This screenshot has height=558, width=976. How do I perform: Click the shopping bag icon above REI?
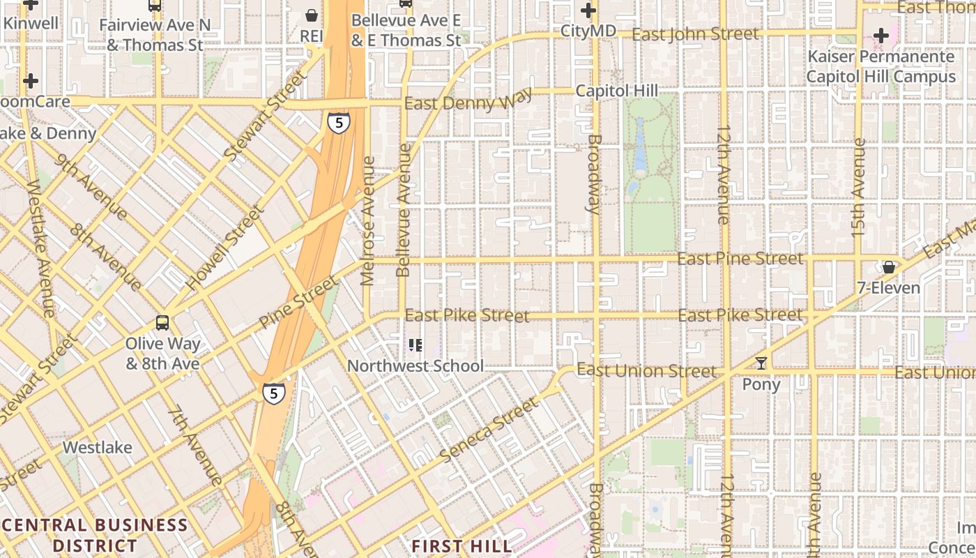coord(312,15)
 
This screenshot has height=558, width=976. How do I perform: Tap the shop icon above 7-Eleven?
coord(889,267)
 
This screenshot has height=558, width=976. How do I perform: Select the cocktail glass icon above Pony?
coord(761,363)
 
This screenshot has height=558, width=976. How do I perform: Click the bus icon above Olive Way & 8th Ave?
coord(162,323)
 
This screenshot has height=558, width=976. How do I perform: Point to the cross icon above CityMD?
coord(588,10)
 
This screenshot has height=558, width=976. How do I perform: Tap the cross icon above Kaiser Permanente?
coord(881,35)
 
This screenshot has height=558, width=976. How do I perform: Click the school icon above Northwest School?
coord(415,345)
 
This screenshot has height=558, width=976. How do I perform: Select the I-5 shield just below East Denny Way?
coord(338,123)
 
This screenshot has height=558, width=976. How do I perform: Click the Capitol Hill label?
coord(616,91)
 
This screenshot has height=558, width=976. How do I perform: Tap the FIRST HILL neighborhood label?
coord(462,545)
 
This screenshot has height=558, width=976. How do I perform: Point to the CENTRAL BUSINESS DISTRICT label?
coord(95,535)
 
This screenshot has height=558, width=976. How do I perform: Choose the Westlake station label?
coord(97,447)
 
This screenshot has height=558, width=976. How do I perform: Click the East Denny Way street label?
coord(468,100)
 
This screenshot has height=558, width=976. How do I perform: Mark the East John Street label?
coord(695,33)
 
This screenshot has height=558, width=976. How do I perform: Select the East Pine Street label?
coord(740,259)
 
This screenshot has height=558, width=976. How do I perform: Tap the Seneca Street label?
coord(489,430)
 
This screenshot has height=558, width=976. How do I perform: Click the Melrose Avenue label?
coord(369,220)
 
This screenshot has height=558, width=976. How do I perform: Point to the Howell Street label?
coord(225,248)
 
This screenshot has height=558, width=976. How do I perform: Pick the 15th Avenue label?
coord(859,186)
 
